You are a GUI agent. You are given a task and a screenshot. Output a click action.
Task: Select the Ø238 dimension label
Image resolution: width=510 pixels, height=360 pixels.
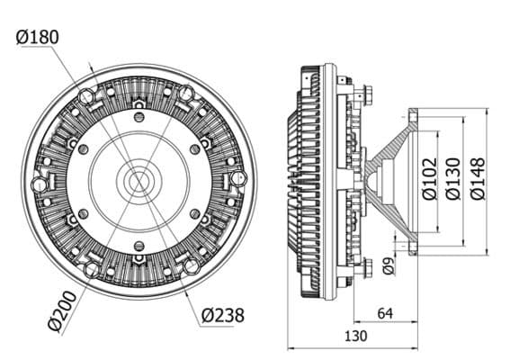coord(222,315)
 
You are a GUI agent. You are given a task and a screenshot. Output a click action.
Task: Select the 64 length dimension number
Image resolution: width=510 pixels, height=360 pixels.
coord(385,313)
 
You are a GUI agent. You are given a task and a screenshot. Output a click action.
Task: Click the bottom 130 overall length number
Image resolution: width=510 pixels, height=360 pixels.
coord(355,336)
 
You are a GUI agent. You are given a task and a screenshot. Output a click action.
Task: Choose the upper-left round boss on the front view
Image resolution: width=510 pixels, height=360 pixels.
coord(86,97)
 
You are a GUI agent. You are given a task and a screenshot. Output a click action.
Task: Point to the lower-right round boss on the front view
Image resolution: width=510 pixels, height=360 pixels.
coord(191,265)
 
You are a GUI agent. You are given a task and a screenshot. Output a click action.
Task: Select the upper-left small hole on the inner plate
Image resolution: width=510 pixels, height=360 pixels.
coord(84,149)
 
